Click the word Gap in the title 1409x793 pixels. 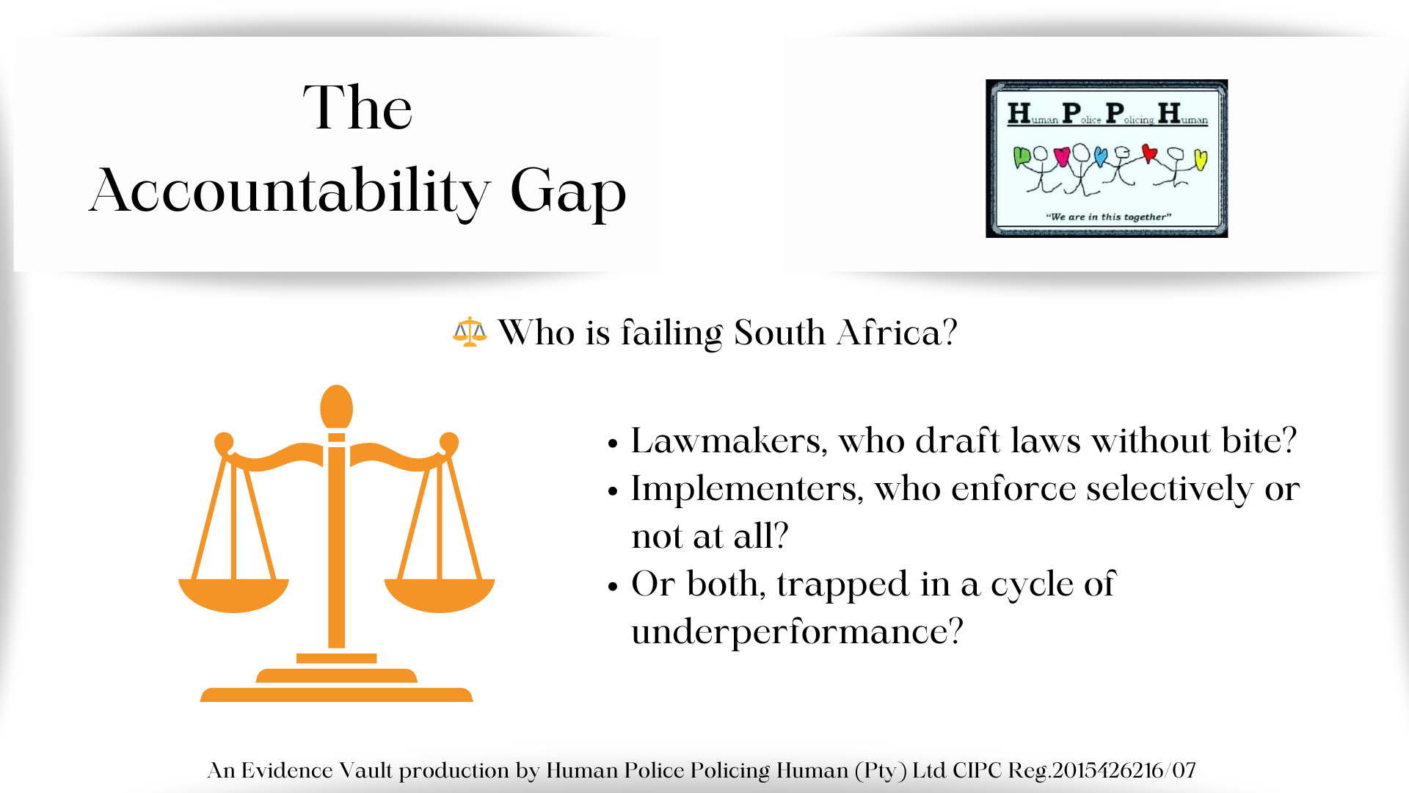568,192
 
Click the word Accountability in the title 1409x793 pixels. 290,191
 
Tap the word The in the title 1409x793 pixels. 358,107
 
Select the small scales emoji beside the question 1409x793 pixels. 470,332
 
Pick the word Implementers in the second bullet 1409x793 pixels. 747,490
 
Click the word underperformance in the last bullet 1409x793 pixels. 797,632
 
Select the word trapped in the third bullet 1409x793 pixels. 843,585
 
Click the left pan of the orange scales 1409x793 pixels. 233,595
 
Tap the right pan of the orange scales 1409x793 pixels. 440,595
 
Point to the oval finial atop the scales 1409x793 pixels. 337,407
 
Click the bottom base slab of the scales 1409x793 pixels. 337,695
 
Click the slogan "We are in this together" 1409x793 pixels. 1108,217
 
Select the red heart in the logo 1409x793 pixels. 1149,154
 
